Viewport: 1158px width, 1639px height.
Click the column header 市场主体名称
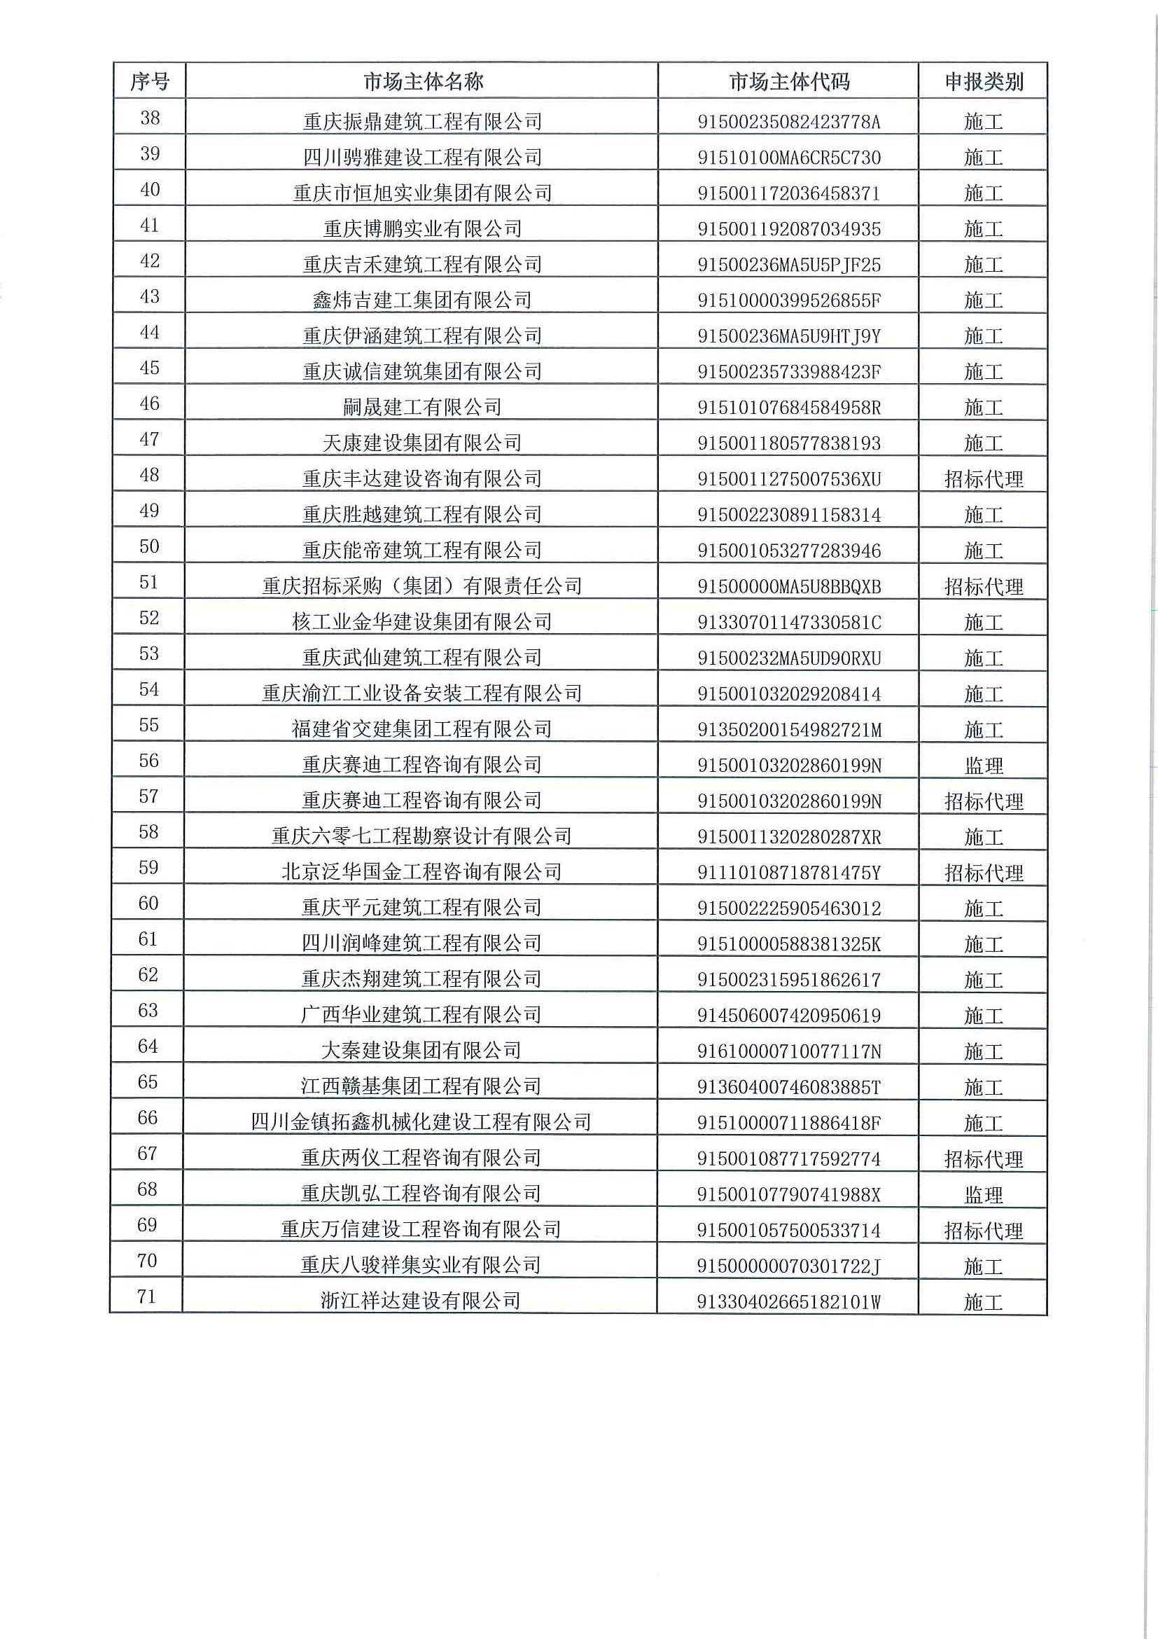(422, 81)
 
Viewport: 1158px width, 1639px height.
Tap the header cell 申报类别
(983, 81)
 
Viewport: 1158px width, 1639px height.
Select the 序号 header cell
(149, 81)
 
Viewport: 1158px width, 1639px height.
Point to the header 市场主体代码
(788, 81)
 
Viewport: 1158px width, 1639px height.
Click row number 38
(150, 118)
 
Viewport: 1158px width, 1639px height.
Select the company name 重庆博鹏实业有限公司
(422, 228)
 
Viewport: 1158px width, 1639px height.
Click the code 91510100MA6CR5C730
(788, 157)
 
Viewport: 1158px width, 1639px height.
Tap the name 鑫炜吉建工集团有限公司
(422, 300)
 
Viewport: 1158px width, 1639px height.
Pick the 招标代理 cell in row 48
(983, 479)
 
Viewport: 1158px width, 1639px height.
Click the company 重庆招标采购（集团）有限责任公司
(422, 586)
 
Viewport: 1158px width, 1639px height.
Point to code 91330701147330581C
(788, 622)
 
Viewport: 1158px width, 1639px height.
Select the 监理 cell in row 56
(983, 766)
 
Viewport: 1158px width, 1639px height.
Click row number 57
(148, 796)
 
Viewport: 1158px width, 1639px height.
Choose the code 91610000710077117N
(788, 1051)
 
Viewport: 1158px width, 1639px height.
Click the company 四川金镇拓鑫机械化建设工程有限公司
(421, 1122)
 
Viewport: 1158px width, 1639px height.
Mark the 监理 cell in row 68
(983, 1194)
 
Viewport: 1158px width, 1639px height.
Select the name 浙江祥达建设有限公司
(421, 1301)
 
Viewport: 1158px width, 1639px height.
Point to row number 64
(148, 1046)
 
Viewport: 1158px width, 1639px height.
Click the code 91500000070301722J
(788, 1266)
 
